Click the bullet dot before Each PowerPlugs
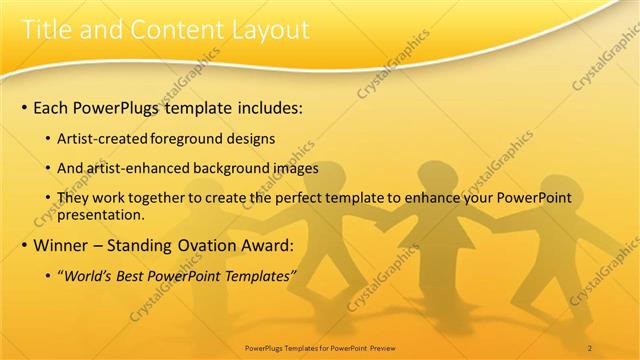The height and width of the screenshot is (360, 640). (23, 105)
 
